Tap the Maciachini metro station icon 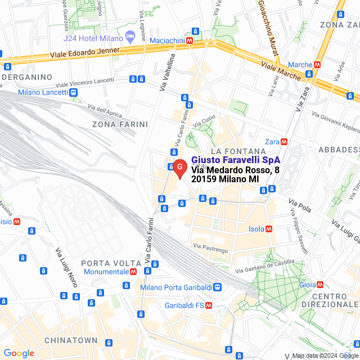(190, 40)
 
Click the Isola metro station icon (268, 229)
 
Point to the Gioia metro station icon (320, 285)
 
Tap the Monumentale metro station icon (133, 271)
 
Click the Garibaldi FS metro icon (209, 305)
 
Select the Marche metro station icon (318, 65)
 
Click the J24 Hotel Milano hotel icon (130, 36)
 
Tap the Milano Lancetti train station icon (74, 92)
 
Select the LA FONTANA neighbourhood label (237, 151)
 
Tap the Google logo (18, 353)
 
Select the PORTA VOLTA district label (111, 263)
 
